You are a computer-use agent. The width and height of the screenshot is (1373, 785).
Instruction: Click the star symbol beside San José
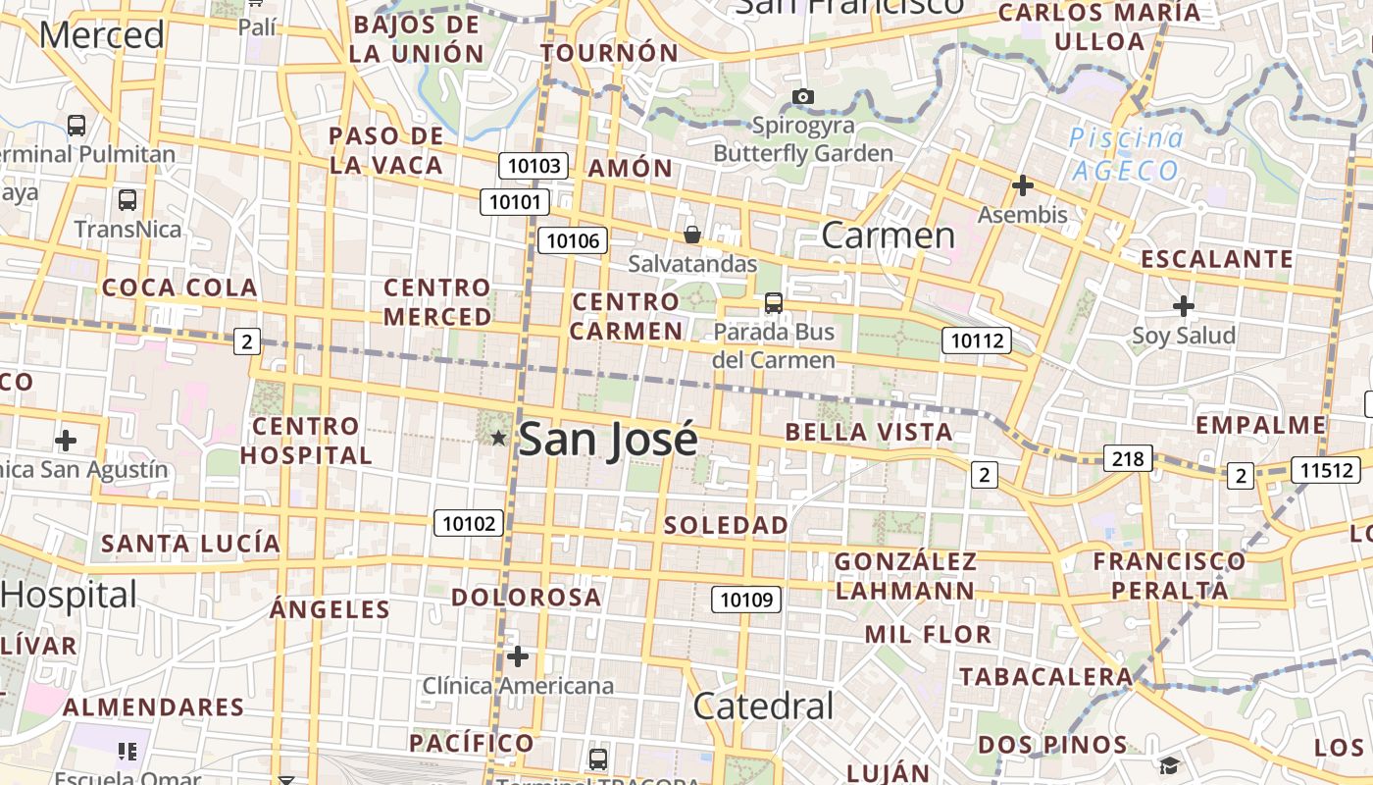coord(498,438)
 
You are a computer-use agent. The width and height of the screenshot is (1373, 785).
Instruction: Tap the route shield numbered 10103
coord(534,166)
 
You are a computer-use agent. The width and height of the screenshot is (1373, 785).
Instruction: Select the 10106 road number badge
coord(573,240)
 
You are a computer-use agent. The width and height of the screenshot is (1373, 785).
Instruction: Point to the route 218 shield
coord(1128,458)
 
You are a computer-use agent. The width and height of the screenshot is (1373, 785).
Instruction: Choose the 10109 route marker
coord(746,599)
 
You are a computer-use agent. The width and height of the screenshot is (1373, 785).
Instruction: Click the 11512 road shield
coord(1326,469)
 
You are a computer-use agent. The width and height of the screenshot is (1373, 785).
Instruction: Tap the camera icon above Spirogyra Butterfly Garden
coord(803,96)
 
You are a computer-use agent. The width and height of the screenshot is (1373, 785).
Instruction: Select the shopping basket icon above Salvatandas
coord(692,235)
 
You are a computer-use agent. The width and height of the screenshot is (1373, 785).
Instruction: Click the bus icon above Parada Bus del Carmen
coord(774,302)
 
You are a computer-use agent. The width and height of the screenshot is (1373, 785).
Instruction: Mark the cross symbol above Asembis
coord(1023,184)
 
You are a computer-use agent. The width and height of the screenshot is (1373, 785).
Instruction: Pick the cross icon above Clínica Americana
coord(518,655)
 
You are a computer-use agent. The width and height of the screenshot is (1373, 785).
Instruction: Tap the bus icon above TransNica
coord(127,199)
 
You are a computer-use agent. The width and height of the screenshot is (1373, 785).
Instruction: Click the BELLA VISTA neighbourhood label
coord(869,432)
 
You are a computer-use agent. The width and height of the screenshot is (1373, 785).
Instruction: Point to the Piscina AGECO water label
coord(1126,155)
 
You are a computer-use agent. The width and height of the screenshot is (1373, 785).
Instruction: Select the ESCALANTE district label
coord(1217,259)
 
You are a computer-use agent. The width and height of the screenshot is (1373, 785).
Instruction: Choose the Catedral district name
coord(763,706)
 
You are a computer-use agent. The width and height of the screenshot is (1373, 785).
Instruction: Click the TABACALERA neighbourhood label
coord(1046,676)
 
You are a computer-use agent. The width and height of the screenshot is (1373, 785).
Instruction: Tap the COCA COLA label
coord(179,288)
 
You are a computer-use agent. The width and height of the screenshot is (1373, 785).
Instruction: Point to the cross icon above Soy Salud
coord(1184,306)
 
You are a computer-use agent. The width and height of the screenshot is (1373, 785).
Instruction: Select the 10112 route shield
coord(977,340)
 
